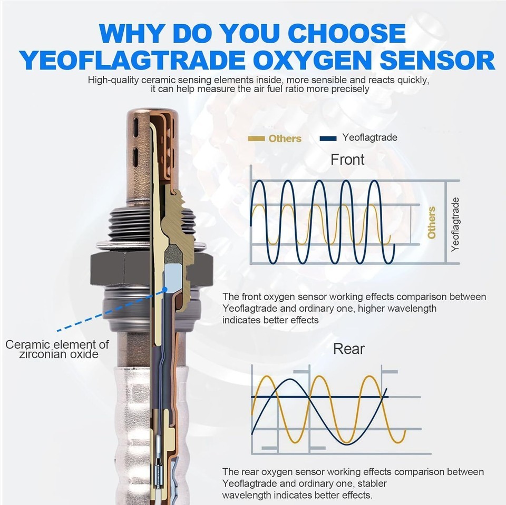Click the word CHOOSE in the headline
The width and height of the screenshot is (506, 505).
point(347,33)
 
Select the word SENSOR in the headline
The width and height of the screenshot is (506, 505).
point(437,61)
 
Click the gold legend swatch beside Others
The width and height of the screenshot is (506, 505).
point(256,138)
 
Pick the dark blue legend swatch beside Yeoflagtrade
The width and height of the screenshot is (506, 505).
point(328,138)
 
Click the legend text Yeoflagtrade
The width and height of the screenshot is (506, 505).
point(370,137)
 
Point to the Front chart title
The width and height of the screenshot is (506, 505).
point(347,160)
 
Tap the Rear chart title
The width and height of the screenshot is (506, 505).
point(348,349)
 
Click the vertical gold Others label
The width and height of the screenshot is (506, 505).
point(432,223)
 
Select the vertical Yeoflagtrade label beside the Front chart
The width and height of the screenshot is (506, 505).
point(455,224)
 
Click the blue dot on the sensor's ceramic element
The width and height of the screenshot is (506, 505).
point(165,290)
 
